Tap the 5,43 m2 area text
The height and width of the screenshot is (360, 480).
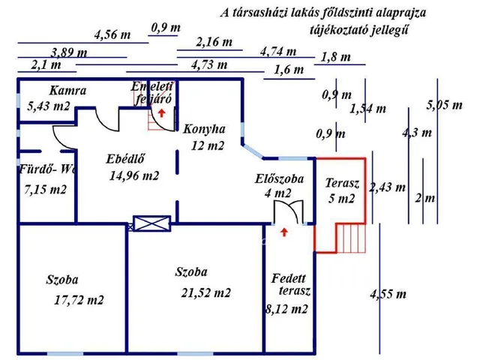pos(48,107)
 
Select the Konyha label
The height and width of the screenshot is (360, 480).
pos(204,128)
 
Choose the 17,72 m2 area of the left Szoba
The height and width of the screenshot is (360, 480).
pos(79,301)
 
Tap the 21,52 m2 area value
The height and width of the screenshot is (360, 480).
pos(205,293)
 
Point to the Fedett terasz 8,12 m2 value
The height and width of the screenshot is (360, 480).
pos(286,308)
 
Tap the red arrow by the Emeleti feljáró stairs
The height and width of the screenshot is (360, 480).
pos(162,112)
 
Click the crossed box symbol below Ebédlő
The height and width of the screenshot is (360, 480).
pos(144,223)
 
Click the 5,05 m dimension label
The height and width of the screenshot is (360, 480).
pos(444,106)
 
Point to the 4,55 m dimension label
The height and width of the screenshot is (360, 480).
pos(388,294)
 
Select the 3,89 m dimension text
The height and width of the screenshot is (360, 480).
pos(67,52)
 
